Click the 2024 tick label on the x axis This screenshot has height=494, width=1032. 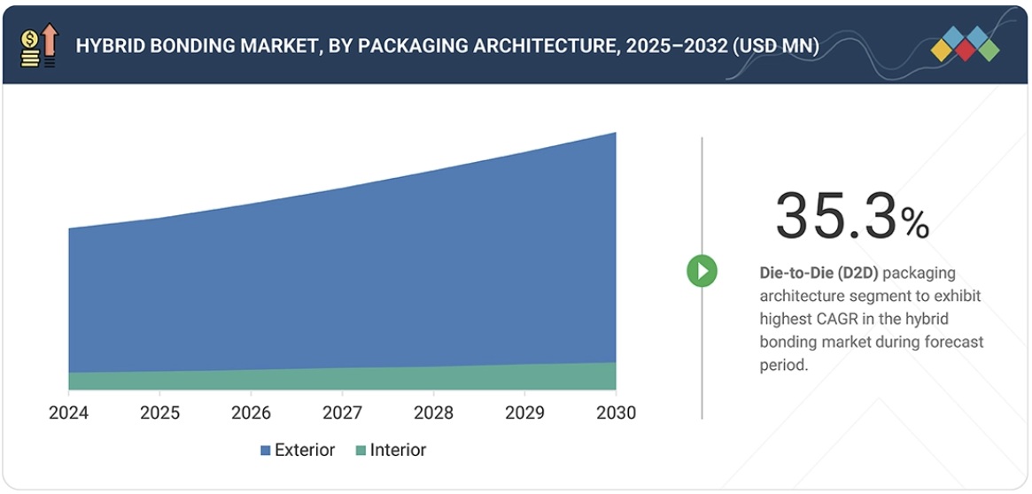68,413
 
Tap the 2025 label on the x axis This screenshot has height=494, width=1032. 159,413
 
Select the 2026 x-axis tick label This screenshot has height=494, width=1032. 251,413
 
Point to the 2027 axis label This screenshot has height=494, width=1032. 342,413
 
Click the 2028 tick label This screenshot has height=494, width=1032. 433,413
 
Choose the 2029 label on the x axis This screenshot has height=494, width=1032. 524,413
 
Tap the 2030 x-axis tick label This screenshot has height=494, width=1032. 615,413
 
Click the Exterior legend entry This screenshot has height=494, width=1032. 304,450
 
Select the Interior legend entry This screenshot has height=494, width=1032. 398,450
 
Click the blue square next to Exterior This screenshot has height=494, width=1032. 265,451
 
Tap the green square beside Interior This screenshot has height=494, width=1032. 360,451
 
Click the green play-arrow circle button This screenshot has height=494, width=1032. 702,271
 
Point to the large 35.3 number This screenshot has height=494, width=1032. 835,216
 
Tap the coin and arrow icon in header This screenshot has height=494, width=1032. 38,46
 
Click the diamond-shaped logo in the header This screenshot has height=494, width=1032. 965,44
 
